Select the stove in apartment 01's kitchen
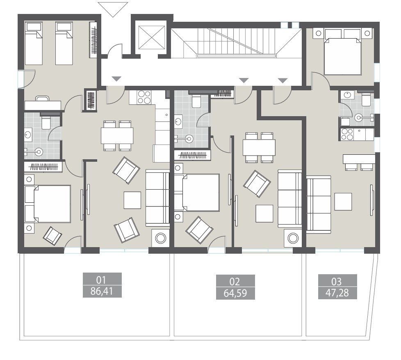click(x=144, y=97)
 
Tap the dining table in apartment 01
click(x=117, y=135)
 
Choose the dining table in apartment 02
click(x=259, y=147)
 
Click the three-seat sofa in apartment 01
click(x=157, y=198)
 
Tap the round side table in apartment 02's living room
click(x=293, y=238)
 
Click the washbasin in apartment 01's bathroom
click(x=28, y=134)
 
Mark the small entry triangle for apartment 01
click(x=117, y=79)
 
